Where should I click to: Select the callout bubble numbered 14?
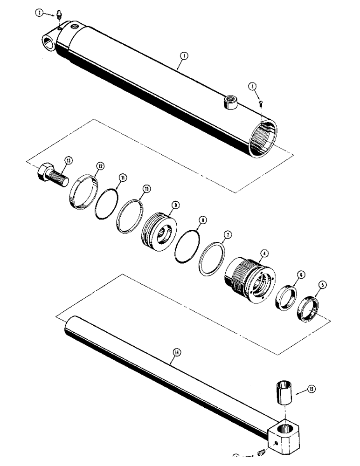176,353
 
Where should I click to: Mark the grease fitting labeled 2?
59,17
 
